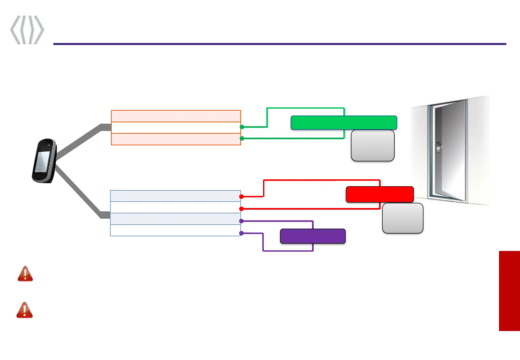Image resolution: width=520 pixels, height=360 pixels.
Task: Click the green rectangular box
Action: coord(344,123)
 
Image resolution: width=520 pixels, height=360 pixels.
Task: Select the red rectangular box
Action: coord(380,194)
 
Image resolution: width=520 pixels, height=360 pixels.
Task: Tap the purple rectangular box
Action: coord(313,236)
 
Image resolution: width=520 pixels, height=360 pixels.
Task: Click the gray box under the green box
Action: coord(373,146)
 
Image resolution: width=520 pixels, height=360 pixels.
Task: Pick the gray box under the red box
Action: coord(403,218)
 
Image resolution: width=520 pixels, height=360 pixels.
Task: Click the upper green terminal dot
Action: coord(242,127)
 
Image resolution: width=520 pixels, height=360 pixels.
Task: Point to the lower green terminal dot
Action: coord(242,138)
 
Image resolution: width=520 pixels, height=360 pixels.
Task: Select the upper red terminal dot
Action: coord(241,197)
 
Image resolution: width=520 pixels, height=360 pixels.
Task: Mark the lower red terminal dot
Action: coord(241,209)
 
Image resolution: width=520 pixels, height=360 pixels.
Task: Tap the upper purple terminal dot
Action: coord(241,221)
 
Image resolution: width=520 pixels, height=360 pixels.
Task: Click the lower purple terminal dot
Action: coord(241,233)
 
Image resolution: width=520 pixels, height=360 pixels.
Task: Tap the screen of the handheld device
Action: coord(42,162)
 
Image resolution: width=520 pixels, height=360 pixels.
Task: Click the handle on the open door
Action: coord(439,147)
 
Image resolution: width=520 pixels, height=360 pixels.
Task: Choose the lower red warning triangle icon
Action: coord(25,310)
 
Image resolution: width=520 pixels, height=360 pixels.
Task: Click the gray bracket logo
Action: coord(27,30)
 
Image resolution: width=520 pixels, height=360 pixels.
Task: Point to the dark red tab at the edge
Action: coord(509,291)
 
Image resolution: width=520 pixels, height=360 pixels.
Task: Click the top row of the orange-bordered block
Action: coord(176,116)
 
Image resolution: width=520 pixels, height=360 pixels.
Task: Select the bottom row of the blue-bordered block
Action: coord(175,231)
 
